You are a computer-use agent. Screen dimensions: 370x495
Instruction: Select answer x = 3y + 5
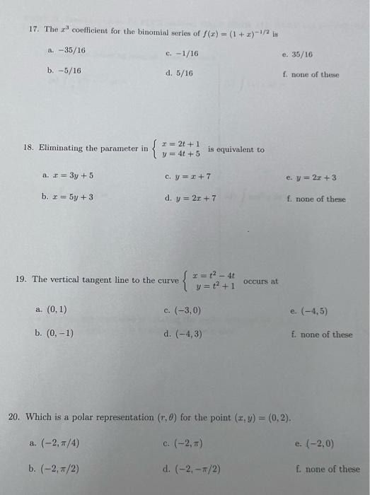click(x=71, y=175)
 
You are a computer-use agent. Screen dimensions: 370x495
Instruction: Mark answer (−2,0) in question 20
click(x=317, y=444)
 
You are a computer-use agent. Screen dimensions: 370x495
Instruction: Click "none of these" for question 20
click(x=330, y=468)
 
